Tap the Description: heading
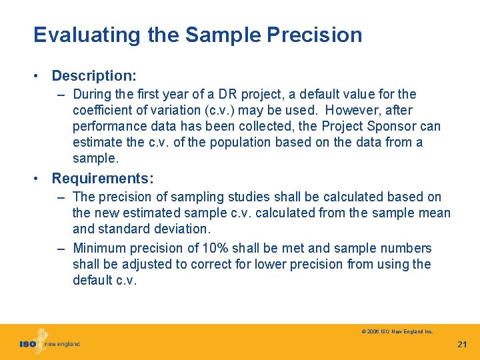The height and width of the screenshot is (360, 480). pyautogui.click(x=94, y=76)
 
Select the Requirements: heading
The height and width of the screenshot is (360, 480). pyautogui.click(x=103, y=179)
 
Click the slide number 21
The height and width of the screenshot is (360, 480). pyautogui.click(x=462, y=344)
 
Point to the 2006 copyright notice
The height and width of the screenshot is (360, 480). pyautogui.click(x=397, y=331)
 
